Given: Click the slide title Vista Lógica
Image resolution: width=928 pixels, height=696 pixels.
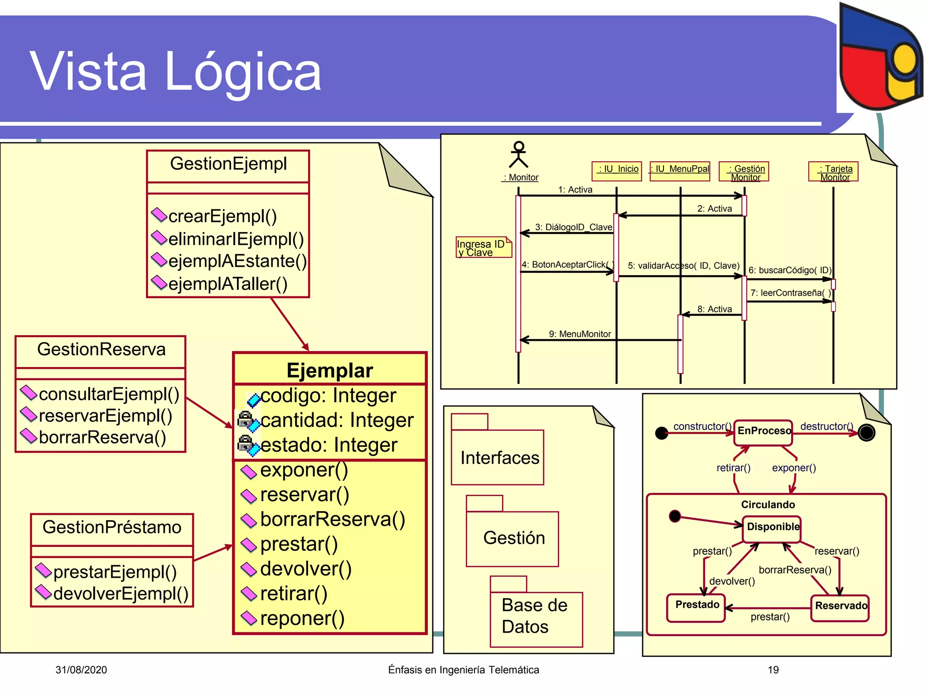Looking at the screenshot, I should point(176,72).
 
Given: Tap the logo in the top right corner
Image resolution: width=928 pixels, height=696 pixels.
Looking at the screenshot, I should point(880,57).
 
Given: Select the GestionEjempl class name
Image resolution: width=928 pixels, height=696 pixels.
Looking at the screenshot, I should point(228,164).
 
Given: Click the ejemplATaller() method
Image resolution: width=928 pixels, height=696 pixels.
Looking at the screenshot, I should point(227,284).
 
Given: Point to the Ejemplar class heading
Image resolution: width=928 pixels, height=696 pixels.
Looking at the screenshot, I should point(329,370).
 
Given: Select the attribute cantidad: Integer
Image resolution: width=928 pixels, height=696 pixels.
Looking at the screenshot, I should point(336,420).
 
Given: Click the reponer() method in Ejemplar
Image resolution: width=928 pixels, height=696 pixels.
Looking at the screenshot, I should point(302,618).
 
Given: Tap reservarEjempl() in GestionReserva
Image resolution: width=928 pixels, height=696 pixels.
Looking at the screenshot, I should point(105,416).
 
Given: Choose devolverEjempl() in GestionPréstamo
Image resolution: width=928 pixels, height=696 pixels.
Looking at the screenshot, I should point(120,594).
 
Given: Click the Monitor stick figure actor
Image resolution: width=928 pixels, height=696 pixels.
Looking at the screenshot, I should point(519,155).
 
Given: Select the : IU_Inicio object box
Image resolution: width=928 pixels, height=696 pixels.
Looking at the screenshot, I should point(617,171).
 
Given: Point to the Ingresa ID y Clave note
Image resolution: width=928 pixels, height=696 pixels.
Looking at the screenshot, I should point(483,248).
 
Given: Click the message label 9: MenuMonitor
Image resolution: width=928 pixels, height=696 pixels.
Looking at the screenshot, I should point(580,334).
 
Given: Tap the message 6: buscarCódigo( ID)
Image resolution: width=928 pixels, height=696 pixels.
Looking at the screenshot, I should point(789,270).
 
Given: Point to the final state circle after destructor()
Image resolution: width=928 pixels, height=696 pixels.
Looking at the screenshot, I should point(866,433).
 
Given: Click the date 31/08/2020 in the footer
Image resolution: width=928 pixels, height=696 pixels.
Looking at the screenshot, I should point(81,670).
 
